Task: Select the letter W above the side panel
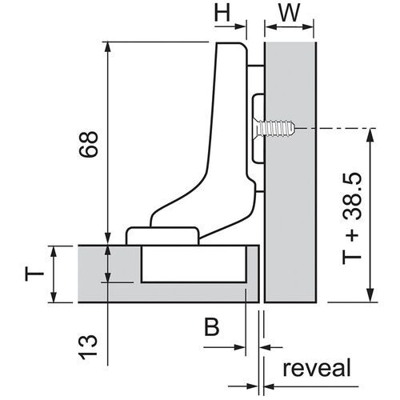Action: point(291,14)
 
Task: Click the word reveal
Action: point(316,369)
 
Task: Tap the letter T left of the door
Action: point(31,274)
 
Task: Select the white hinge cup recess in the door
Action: point(192,263)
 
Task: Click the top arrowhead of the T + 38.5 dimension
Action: point(369,133)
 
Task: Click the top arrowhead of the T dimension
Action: point(53,250)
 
